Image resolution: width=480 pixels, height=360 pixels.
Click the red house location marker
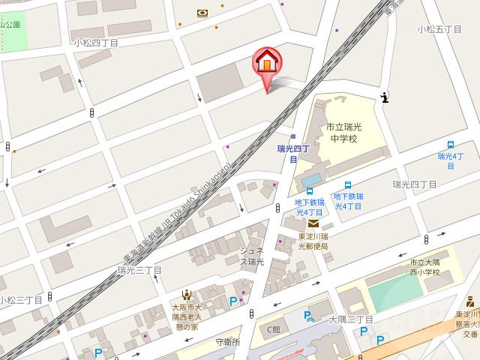(x=266, y=61)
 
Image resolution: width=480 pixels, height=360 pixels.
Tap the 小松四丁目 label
(x=95, y=43)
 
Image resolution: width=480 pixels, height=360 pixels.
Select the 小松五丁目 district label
(x=439, y=29)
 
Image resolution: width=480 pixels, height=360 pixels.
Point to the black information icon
(x=385, y=97)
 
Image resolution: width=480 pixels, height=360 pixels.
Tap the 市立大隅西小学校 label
(x=424, y=267)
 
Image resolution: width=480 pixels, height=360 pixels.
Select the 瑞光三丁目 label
(x=139, y=270)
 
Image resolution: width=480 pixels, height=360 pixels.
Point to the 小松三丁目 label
(x=20, y=300)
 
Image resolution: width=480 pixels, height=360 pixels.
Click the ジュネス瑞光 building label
(x=251, y=256)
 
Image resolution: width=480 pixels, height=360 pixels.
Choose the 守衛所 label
(x=227, y=342)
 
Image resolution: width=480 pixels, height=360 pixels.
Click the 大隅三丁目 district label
(x=351, y=319)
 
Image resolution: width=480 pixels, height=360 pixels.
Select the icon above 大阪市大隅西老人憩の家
(x=185, y=295)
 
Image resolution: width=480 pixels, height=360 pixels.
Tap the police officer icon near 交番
(x=471, y=302)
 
